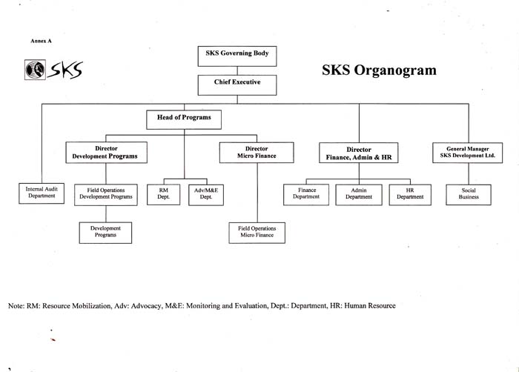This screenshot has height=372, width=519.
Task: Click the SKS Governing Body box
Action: pos(237,56)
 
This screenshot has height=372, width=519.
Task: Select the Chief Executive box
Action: pos(237,85)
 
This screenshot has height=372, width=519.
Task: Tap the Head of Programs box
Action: pos(184,119)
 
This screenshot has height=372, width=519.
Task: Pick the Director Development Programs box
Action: pos(106,153)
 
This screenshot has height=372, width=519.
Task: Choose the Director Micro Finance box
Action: pos(257,153)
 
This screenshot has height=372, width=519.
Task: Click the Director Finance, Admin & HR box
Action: pos(358,153)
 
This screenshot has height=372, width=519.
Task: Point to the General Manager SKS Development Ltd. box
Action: pos(467,153)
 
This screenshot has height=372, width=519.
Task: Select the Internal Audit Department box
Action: pos(42,193)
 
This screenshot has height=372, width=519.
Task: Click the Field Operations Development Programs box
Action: pos(106,195)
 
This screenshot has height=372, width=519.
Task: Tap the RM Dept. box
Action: pos(164,195)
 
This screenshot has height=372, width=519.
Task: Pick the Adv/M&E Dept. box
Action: pos(206,195)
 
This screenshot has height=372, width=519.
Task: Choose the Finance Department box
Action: pos(306,195)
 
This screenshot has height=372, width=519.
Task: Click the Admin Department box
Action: pos(359,195)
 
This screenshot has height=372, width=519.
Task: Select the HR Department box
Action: pos(410,195)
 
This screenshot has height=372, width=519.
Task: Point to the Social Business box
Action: pos(469,195)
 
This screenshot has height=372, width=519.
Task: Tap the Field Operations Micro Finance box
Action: pos(257,233)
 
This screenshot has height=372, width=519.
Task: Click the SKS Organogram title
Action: pos(379,70)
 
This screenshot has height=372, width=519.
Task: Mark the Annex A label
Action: pos(41,41)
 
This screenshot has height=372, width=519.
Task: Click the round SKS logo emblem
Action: pos(35,70)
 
